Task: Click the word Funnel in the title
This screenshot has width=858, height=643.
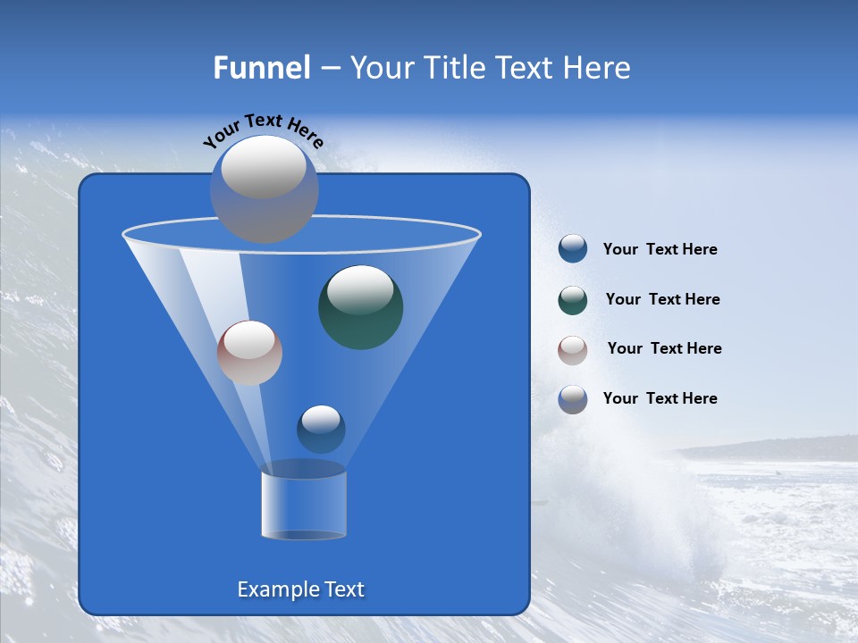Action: point(261,68)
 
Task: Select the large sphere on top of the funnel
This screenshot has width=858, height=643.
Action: point(264,188)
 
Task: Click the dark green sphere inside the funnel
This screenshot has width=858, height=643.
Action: point(360,306)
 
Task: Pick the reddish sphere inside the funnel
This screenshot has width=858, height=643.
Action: point(249,353)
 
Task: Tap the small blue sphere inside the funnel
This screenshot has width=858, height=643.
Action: point(321,430)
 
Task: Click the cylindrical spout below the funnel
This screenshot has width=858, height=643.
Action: point(304,505)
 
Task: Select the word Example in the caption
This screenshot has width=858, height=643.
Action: point(273,589)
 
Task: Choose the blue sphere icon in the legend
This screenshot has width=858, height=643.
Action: point(573,249)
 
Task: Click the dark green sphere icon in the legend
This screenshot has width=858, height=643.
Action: point(573,300)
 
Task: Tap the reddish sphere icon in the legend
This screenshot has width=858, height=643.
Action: point(573,350)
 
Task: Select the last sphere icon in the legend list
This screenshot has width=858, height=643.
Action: point(573,399)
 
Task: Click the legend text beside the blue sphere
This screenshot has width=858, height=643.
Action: point(660,250)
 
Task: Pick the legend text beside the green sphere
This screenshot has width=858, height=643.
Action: point(662,300)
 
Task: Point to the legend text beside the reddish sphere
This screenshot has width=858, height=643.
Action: point(664,349)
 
